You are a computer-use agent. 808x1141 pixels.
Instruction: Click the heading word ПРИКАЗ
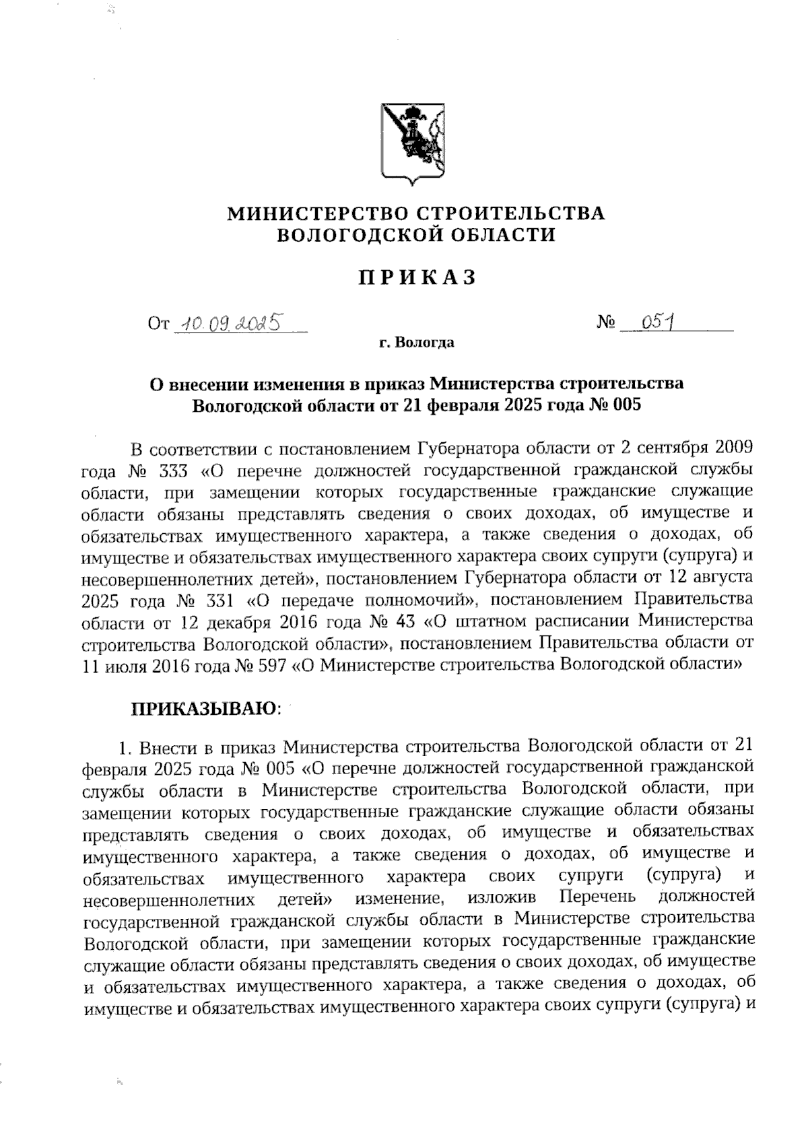(416, 278)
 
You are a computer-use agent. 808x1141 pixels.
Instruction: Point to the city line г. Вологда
(416, 343)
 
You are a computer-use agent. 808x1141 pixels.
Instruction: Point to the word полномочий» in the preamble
(427, 600)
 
